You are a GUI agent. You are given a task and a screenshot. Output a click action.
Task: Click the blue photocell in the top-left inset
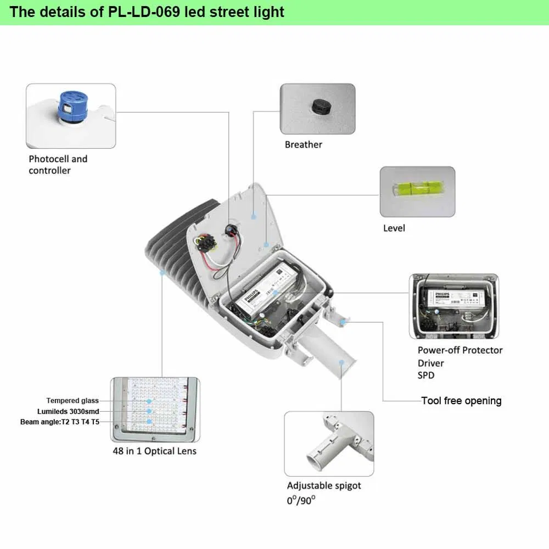click(x=71, y=104)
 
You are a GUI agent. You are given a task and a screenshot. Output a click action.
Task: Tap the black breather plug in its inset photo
click(x=318, y=106)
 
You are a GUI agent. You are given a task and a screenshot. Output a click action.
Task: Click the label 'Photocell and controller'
click(x=58, y=165)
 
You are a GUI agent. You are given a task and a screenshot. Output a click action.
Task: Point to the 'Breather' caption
click(x=303, y=145)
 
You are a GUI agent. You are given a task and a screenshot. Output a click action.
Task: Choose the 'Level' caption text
click(x=394, y=228)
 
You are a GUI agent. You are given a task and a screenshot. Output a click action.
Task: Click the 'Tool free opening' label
click(x=461, y=401)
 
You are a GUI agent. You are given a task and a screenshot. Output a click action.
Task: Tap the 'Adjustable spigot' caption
click(x=324, y=486)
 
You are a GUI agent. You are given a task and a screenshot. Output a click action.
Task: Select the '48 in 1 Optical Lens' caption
click(x=154, y=451)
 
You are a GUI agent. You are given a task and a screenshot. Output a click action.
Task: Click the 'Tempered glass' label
click(x=72, y=401)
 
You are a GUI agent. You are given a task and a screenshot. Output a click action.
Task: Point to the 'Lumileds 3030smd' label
click(x=68, y=411)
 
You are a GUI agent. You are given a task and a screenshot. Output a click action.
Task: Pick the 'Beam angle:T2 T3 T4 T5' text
click(x=60, y=422)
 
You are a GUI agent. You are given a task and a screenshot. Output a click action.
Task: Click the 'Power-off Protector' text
click(x=460, y=350)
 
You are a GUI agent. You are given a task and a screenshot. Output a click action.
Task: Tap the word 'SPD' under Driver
click(x=426, y=376)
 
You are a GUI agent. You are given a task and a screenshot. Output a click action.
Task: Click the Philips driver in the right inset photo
click(x=453, y=299)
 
